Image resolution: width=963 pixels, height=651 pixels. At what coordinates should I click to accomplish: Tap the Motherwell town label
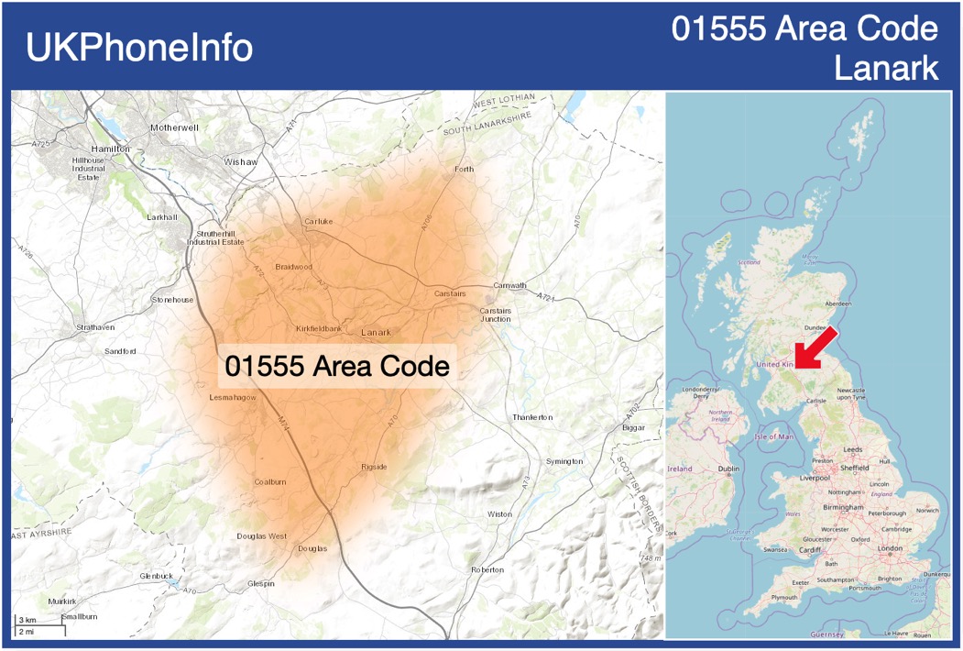click(174, 127)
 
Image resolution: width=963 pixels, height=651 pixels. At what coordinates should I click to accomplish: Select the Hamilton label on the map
click(111, 148)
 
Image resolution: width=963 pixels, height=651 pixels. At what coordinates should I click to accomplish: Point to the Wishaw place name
click(241, 161)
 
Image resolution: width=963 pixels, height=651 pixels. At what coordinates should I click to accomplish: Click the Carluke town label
click(319, 221)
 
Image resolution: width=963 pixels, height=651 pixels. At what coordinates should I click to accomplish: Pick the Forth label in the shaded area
click(465, 169)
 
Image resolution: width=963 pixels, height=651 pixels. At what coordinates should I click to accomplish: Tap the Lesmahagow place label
click(233, 398)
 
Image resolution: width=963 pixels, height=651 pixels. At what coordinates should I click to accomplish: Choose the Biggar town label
click(633, 427)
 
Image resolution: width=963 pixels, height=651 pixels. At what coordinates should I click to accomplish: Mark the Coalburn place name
click(270, 481)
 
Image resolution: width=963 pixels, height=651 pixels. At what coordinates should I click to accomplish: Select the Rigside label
click(374, 467)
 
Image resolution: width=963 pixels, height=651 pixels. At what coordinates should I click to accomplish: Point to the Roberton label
click(487, 569)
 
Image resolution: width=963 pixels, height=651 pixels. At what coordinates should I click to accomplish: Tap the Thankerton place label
click(532, 417)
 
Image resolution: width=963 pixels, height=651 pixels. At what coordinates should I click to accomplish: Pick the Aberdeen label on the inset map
click(837, 303)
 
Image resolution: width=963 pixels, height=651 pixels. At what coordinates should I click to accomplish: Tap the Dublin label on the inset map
click(728, 469)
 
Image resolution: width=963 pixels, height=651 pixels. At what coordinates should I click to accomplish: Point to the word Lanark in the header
click(886, 67)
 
